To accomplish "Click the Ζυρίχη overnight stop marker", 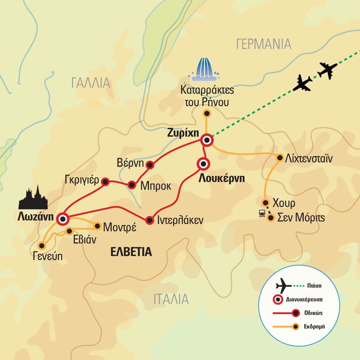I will point(207,140).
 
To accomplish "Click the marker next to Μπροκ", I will point(132,185).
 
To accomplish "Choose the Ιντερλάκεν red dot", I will point(149,220).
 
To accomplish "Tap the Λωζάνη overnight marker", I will point(62,219).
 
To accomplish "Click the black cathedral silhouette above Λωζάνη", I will point(33,198).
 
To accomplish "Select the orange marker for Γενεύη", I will point(42,246).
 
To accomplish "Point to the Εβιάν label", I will point(85,239).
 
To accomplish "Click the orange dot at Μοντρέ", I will point(97,226).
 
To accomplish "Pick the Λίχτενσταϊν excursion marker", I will point(280,158).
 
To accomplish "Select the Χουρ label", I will point(284,203).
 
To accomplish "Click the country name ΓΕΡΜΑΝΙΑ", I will point(264,44).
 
